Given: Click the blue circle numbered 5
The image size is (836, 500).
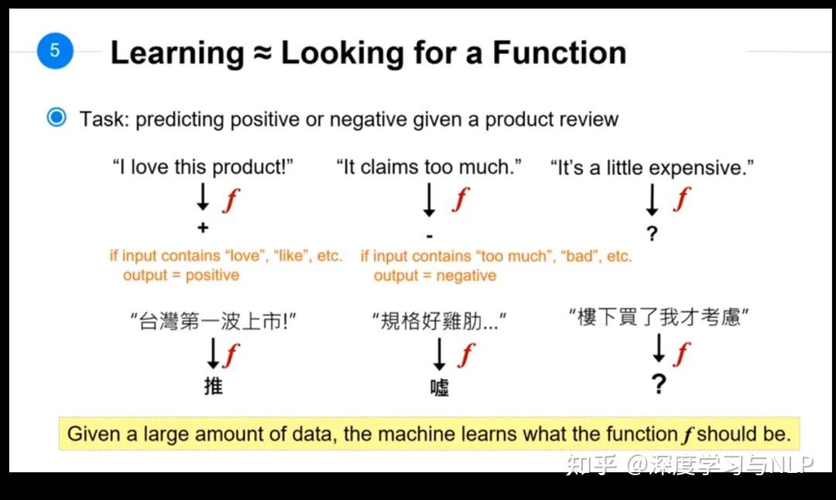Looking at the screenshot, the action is pyautogui.click(x=55, y=50).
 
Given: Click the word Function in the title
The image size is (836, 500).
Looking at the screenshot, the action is pyautogui.click(x=559, y=53).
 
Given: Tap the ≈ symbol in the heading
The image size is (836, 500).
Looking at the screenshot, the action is pyautogui.click(x=262, y=53).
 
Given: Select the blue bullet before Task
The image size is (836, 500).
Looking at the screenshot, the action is pyautogui.click(x=57, y=117).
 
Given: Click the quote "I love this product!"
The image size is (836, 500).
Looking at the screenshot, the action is pyautogui.click(x=203, y=167).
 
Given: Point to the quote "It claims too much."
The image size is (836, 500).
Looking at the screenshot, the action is pyautogui.click(x=429, y=167).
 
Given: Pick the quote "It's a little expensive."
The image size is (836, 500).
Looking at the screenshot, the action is pyautogui.click(x=652, y=167).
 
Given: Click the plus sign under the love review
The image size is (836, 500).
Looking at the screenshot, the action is pyautogui.click(x=203, y=228).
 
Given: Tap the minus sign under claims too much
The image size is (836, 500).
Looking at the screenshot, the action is pyautogui.click(x=430, y=236).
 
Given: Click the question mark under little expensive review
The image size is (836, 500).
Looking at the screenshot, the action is pyautogui.click(x=652, y=233).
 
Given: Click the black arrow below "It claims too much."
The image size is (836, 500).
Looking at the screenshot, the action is pyautogui.click(x=429, y=200).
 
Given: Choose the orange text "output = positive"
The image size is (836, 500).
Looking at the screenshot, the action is pyautogui.click(x=181, y=275).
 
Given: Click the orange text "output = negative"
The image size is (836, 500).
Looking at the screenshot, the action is pyautogui.click(x=435, y=276).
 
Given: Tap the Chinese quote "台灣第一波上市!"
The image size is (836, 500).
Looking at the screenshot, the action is pyautogui.click(x=214, y=322).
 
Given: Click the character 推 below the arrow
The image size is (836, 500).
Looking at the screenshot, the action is pyautogui.click(x=214, y=386).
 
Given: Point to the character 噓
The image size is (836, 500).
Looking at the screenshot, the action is pyautogui.click(x=440, y=388).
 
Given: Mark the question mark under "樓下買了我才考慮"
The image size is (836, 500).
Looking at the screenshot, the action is pyautogui.click(x=659, y=384).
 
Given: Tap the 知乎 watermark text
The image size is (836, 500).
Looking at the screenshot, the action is pyautogui.click(x=591, y=465).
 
